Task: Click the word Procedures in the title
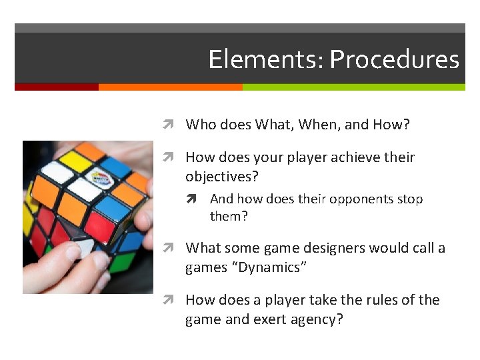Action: click(394, 60)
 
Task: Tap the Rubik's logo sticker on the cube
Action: click(101, 179)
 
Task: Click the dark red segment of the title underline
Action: click(57, 87)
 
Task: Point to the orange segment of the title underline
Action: click(170, 87)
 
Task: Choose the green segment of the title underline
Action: click(353, 87)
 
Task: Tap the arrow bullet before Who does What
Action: click(171, 125)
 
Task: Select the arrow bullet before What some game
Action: click(171, 248)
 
